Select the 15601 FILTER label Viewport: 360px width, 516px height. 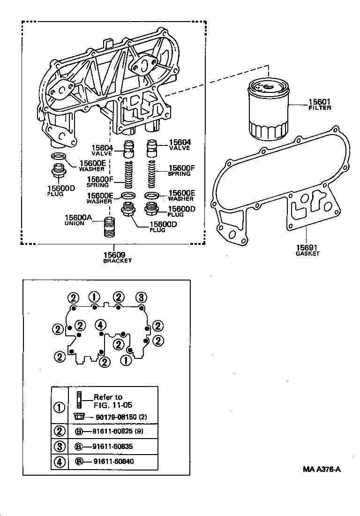320,104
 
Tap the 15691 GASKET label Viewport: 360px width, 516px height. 307,250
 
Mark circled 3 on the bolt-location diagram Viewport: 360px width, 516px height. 141,297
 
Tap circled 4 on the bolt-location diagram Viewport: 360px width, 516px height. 99,325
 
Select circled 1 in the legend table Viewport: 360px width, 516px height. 60,407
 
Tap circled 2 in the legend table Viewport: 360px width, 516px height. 60,430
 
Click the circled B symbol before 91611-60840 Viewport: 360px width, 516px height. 79,462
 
